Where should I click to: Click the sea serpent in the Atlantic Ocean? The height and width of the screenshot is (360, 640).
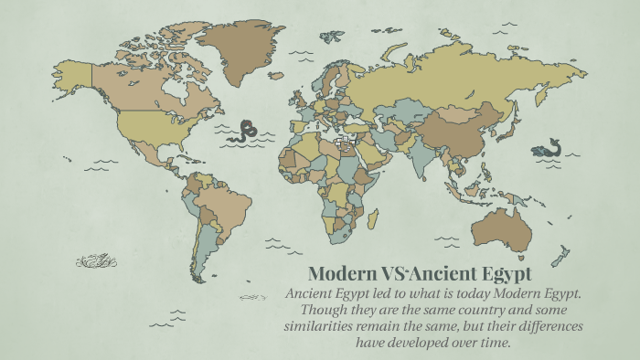[245, 131]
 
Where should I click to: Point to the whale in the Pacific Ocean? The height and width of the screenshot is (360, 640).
[549, 146]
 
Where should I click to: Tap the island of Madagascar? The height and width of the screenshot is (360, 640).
[373, 218]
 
